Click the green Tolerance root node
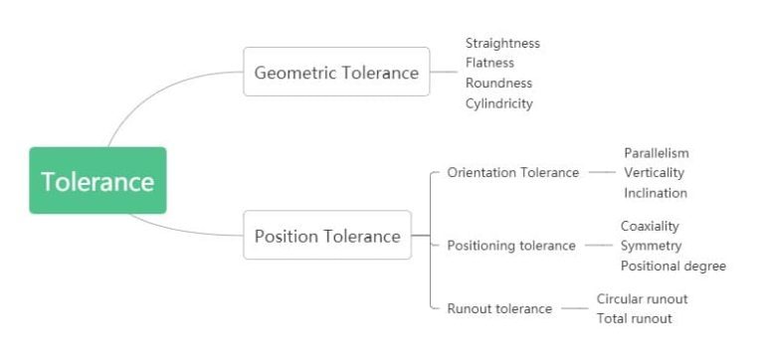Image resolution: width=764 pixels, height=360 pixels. tap(97, 181)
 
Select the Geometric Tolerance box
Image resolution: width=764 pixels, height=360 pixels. tap(336, 72)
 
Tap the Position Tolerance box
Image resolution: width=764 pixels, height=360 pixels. tap(327, 236)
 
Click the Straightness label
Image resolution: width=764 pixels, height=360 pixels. tap(502, 44)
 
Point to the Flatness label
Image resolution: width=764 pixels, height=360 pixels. tap(489, 64)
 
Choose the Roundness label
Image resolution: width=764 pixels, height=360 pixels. tap(498, 84)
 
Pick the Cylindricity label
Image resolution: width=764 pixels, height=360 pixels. tap(498, 103)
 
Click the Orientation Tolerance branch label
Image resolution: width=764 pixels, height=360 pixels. tap(512, 173)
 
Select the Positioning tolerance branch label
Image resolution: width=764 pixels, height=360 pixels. tap(510, 246)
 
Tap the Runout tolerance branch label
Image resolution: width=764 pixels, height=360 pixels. tap(499, 308)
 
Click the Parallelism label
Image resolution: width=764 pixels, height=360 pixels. tap(656, 153)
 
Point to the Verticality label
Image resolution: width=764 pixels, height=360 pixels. tap(654, 173)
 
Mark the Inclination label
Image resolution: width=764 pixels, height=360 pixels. tap(655, 193)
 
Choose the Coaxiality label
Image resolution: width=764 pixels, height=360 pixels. tap(650, 226)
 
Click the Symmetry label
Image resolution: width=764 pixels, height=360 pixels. tap(651, 246)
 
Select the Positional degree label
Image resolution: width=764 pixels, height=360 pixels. tap(672, 266)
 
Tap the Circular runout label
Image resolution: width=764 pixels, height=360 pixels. tap(642, 298)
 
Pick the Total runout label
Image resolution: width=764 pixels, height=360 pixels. tap(634, 318)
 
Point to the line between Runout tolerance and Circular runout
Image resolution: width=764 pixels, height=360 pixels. tap(574, 308)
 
